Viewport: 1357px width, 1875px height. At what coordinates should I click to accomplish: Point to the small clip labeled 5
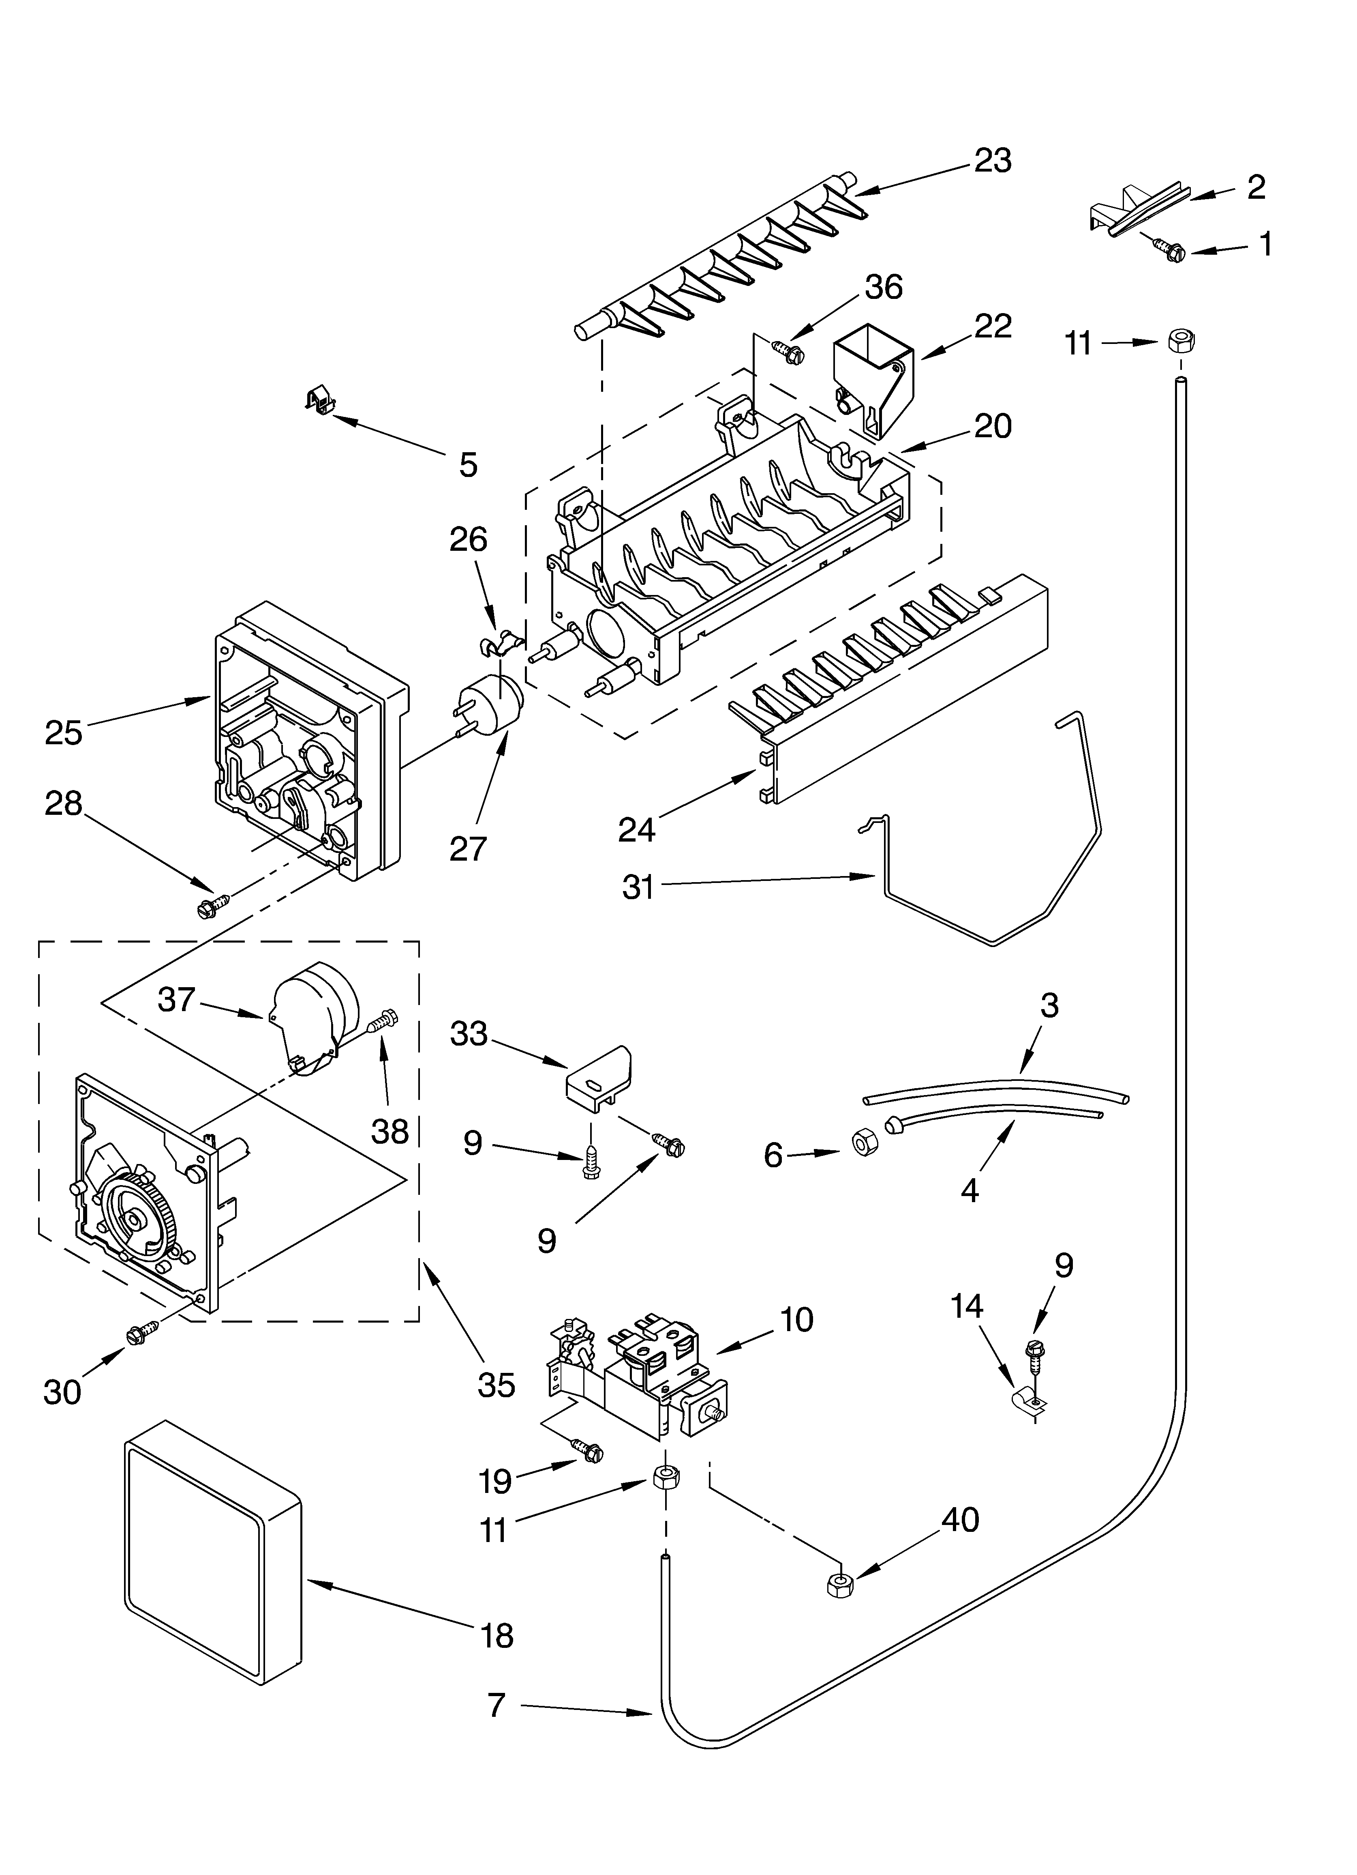(319, 401)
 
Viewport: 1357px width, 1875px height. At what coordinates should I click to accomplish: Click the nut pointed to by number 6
(864, 1143)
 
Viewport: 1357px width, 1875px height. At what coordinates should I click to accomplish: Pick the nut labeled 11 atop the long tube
(1183, 340)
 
